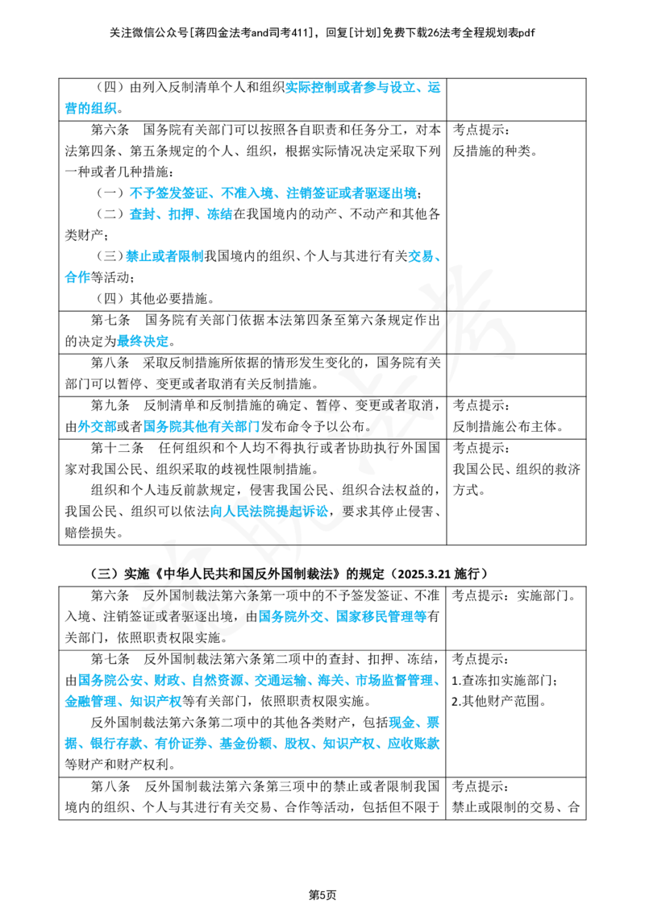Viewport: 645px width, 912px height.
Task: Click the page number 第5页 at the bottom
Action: point(322,894)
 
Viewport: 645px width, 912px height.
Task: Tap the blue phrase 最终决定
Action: point(143,341)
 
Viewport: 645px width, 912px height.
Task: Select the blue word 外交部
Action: point(98,426)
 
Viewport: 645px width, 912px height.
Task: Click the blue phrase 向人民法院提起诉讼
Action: point(269,512)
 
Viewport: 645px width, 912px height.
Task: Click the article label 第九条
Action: point(110,404)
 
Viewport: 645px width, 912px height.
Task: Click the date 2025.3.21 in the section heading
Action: point(423,574)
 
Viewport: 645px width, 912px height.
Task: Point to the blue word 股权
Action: point(297,744)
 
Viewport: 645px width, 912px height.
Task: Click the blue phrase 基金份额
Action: point(245,744)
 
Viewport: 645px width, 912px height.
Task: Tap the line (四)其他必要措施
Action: point(156,298)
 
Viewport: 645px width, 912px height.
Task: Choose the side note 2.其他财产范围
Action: point(498,701)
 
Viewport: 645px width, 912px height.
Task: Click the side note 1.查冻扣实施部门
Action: point(505,680)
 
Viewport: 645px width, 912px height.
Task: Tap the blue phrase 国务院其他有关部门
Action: point(202,426)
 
